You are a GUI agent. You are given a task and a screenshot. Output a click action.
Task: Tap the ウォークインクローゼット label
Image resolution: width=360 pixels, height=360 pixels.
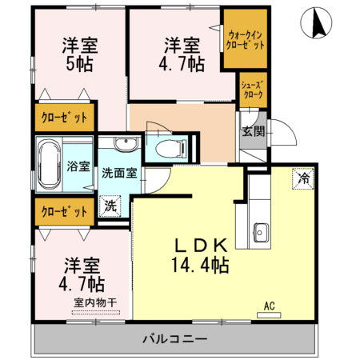246,41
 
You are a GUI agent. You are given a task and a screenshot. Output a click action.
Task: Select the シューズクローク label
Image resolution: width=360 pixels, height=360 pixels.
253,89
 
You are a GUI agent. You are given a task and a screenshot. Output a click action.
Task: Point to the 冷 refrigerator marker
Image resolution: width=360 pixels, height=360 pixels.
303,178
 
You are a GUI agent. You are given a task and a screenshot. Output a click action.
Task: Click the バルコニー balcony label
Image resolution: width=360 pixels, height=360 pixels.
175,339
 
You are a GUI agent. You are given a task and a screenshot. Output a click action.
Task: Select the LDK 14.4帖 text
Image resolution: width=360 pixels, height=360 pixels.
199,256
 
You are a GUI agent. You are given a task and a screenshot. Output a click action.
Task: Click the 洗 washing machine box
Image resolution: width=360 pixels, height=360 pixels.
111,206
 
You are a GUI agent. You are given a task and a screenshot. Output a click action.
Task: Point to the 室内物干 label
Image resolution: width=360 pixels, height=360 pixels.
95,302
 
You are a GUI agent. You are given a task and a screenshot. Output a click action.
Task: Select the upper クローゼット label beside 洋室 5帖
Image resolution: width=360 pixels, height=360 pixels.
64,118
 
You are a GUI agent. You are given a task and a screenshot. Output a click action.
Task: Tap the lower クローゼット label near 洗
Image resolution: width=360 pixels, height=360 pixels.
64,212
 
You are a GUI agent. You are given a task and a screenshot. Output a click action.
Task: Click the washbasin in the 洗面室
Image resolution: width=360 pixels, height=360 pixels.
124,145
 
